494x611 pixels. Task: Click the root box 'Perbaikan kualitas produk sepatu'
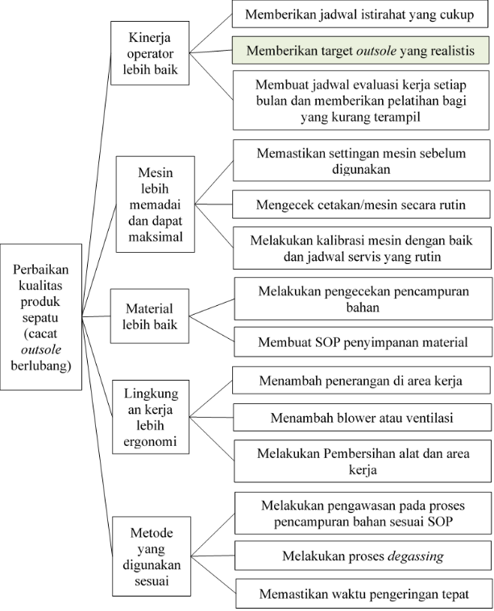click(40, 317)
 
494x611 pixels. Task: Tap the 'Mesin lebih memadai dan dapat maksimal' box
click(156, 205)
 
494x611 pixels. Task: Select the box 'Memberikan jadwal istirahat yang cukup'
click(359, 15)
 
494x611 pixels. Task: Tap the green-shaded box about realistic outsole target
click(359, 51)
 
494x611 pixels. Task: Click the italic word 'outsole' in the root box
click(40, 349)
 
